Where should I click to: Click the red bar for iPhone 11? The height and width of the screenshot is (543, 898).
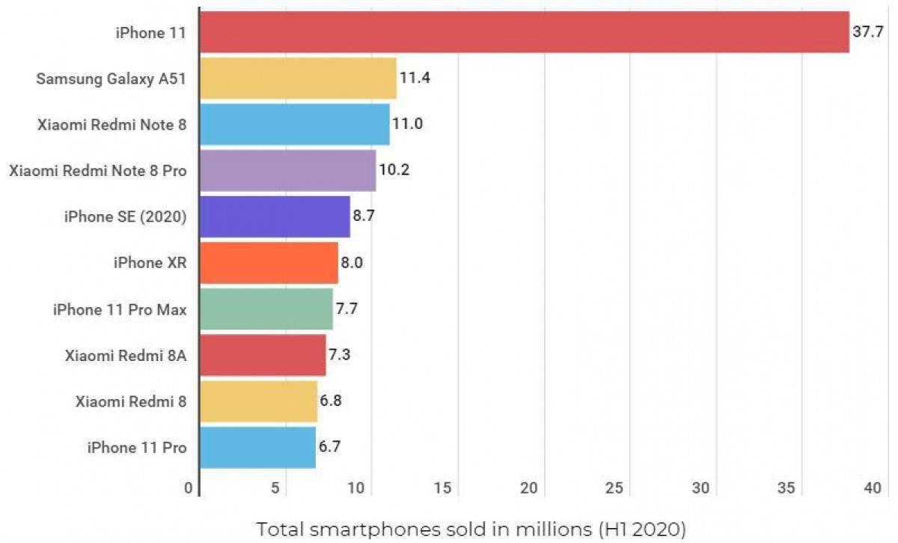[524, 32]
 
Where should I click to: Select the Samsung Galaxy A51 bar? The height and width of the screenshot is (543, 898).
[298, 79]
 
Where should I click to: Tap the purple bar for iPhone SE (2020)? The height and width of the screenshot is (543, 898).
[275, 217]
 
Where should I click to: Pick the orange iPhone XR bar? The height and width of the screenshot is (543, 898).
[269, 263]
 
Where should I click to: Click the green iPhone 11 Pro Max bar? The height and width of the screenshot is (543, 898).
[266, 309]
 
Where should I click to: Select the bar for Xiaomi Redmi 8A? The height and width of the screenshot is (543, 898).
[263, 355]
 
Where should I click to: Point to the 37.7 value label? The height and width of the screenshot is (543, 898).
[868, 32]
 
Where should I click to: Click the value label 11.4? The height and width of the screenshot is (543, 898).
[415, 78]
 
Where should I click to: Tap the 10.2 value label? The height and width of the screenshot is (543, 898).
[395, 170]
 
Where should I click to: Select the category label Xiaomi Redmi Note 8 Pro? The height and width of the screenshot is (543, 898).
[98, 171]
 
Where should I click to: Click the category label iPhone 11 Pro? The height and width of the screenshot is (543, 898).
[137, 448]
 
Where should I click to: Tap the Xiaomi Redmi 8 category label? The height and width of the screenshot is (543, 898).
[131, 401]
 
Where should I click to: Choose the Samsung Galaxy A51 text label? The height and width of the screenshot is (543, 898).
[112, 79]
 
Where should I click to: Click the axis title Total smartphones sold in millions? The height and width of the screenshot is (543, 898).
[471, 530]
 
